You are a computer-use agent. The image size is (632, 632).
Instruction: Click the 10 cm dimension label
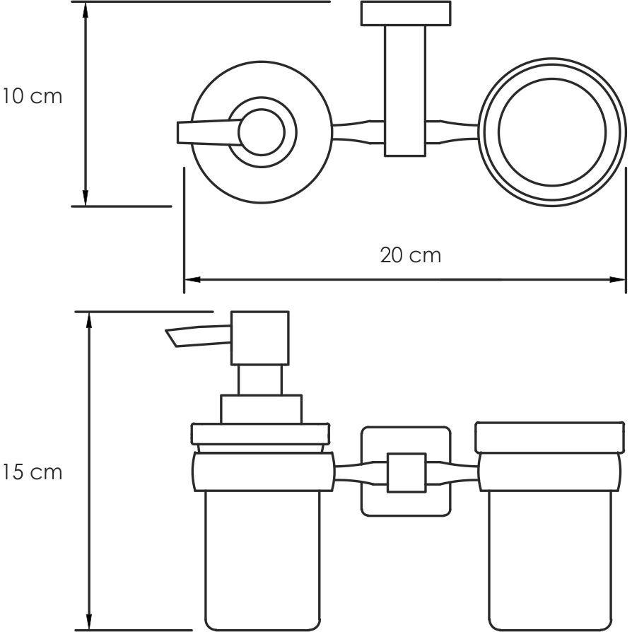pyautogui.click(x=32, y=96)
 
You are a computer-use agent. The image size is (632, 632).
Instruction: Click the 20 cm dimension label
pyautogui.click(x=410, y=254)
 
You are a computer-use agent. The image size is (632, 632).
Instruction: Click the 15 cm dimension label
pyautogui.click(x=32, y=472)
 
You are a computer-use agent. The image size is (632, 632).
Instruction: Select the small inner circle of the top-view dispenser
pyautogui.click(x=264, y=132)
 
